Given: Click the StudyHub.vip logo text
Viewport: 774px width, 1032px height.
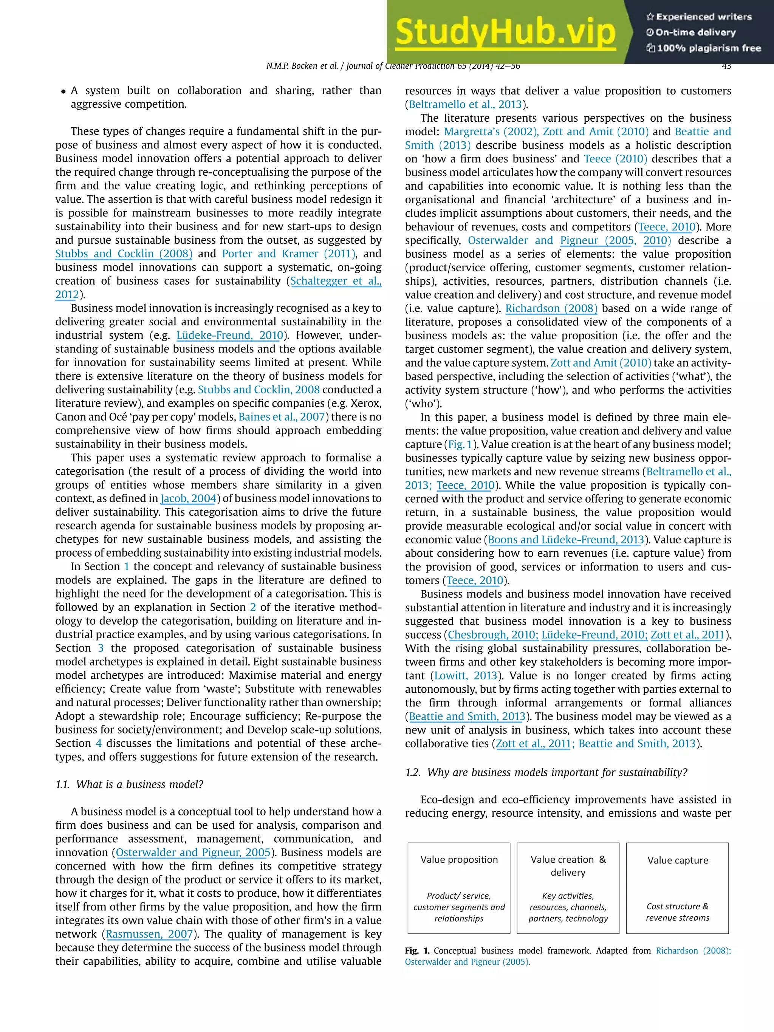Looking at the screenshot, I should pyautogui.click(x=505, y=32).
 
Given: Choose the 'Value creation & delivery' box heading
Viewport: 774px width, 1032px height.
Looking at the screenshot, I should pyautogui.click(x=568, y=865).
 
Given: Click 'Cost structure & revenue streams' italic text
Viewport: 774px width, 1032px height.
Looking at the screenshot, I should pyautogui.click(x=677, y=912).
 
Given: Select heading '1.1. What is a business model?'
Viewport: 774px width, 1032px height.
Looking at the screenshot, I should pyautogui.click(x=129, y=784).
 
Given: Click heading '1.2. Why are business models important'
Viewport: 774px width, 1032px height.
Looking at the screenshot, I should pyautogui.click(x=546, y=772).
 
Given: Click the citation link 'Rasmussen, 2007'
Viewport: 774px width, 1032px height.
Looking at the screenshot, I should pyautogui.click(x=149, y=934).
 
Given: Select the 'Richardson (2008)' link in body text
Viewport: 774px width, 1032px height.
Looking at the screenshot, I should pyautogui.click(x=551, y=308).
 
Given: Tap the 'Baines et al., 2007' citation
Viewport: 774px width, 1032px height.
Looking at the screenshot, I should pyautogui.click(x=281, y=417).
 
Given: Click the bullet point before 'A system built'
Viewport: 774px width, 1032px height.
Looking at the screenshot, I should pyautogui.click(x=63, y=91).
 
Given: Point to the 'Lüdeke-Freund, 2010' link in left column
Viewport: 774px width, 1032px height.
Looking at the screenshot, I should pyautogui.click(x=229, y=336).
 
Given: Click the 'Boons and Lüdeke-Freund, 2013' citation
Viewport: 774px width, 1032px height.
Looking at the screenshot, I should pyautogui.click(x=565, y=540).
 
